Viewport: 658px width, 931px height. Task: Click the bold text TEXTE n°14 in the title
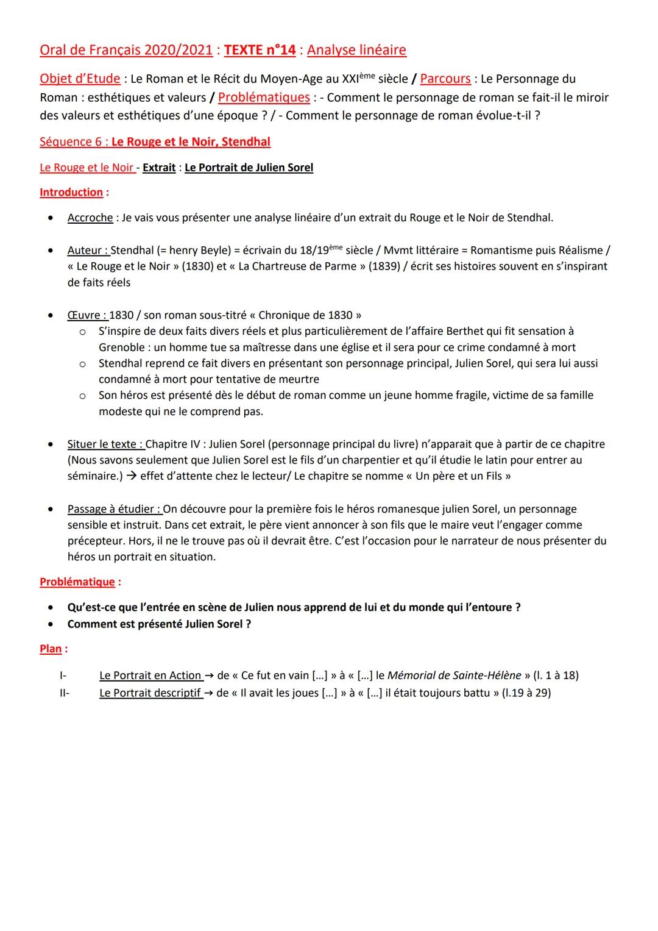(x=260, y=50)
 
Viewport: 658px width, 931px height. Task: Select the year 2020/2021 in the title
(x=178, y=50)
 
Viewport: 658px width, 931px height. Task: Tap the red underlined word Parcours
(x=445, y=79)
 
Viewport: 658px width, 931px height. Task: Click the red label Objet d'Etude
(x=80, y=79)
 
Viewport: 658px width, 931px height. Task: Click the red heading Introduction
(x=71, y=192)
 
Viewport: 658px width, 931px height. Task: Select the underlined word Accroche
(x=90, y=218)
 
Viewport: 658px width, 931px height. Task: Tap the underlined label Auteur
(x=88, y=250)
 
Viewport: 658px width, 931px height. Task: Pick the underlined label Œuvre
(x=87, y=315)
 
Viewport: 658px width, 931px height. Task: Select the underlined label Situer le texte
(x=105, y=444)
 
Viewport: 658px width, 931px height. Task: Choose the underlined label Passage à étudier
(x=114, y=509)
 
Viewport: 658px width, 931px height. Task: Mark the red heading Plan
(x=51, y=649)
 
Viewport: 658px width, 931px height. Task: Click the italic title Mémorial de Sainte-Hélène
(x=454, y=676)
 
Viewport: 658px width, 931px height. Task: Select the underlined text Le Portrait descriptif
(x=150, y=693)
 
